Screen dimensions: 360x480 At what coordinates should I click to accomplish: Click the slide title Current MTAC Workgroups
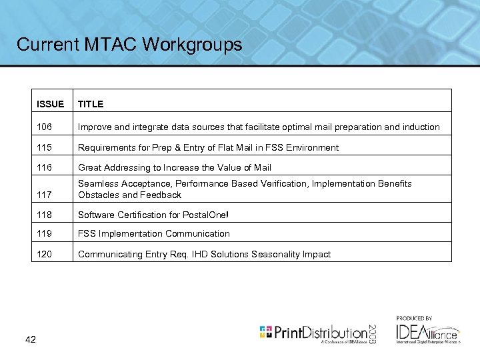(129, 45)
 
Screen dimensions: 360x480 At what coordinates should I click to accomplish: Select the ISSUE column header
(51, 104)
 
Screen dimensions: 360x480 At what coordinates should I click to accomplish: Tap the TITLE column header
(91, 104)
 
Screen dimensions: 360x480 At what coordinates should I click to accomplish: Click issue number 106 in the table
(45, 127)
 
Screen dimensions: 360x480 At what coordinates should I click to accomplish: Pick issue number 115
(45, 147)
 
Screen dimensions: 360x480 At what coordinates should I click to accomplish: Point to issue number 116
(45, 167)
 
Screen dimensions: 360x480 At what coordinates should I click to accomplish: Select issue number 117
(45, 195)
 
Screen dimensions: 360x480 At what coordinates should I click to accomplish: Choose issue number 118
(45, 215)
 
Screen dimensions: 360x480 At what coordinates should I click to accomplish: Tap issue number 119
(45, 233)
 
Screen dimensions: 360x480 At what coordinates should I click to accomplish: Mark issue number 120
(45, 254)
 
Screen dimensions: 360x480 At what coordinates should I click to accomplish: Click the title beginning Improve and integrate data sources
(259, 127)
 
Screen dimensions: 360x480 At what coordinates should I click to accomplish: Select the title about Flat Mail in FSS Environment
(208, 147)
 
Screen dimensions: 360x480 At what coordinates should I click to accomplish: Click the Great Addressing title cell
(175, 167)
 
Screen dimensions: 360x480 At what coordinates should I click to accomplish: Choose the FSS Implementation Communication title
(154, 233)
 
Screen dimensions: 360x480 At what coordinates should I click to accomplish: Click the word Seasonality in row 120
(277, 254)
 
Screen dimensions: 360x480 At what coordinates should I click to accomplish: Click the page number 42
(30, 340)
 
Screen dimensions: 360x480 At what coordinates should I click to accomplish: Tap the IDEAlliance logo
(427, 331)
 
